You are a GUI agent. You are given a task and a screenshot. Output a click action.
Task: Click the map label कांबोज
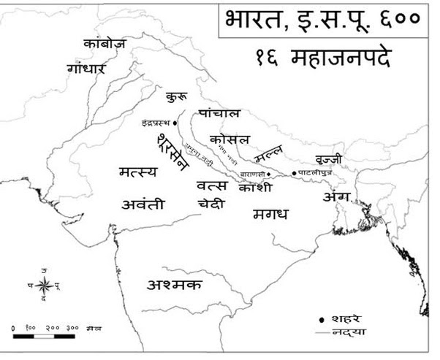point(104,44)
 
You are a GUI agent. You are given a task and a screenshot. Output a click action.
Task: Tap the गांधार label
point(86,69)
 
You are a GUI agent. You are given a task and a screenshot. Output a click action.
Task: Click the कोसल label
point(230,139)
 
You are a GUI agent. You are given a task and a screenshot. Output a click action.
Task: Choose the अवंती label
point(143,204)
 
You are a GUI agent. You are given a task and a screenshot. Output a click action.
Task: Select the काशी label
point(255,188)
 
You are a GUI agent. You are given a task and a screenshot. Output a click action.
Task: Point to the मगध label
point(270,214)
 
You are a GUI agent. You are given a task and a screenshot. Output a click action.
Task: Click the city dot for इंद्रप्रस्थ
point(176,123)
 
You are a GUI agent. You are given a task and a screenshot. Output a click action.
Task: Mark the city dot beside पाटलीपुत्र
point(295,173)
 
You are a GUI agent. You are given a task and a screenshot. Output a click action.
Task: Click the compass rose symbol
point(44,283)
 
